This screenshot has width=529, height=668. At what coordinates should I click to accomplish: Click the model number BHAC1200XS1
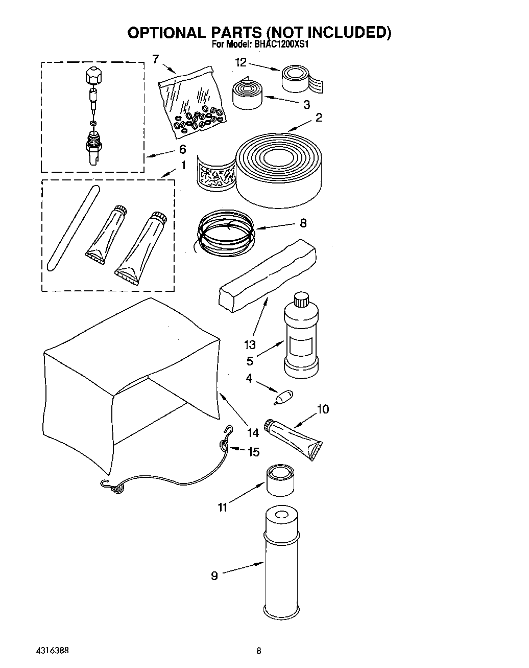pyautogui.click(x=280, y=44)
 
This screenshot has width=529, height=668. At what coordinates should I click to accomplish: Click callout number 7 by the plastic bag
pyautogui.click(x=155, y=59)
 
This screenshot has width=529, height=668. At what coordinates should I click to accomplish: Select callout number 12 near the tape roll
pyautogui.click(x=241, y=62)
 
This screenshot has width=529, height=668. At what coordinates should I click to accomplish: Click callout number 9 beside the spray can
pyautogui.click(x=214, y=575)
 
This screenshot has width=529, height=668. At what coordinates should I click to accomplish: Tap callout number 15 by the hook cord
pyautogui.click(x=253, y=452)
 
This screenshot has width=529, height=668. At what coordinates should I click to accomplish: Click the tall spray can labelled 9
pyautogui.click(x=282, y=562)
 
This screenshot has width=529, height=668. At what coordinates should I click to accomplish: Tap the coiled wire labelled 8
pyautogui.click(x=225, y=233)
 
